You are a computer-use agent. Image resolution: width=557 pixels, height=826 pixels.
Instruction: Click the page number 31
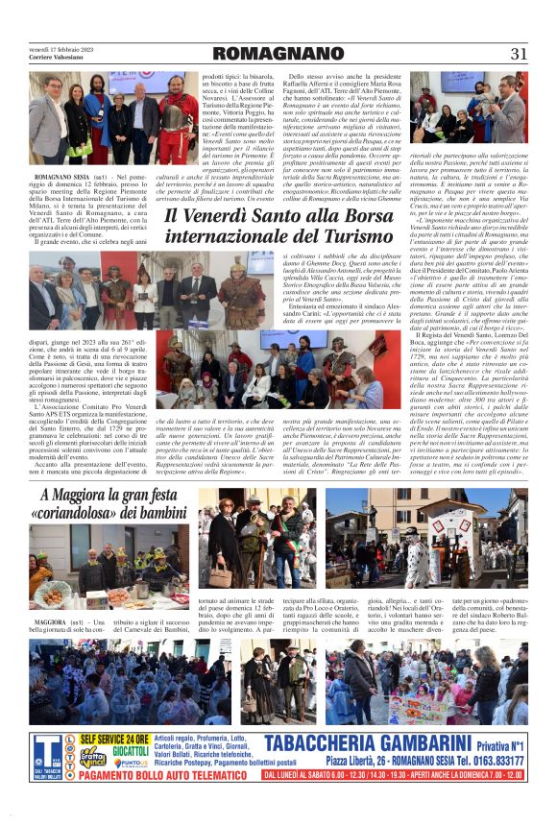(x=519, y=54)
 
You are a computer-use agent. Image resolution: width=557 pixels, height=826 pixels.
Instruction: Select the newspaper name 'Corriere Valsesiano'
(x=57, y=59)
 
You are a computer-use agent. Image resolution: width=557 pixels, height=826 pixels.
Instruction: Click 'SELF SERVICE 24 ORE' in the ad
(x=115, y=739)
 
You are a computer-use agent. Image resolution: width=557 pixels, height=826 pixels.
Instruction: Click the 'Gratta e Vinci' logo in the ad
(x=92, y=755)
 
